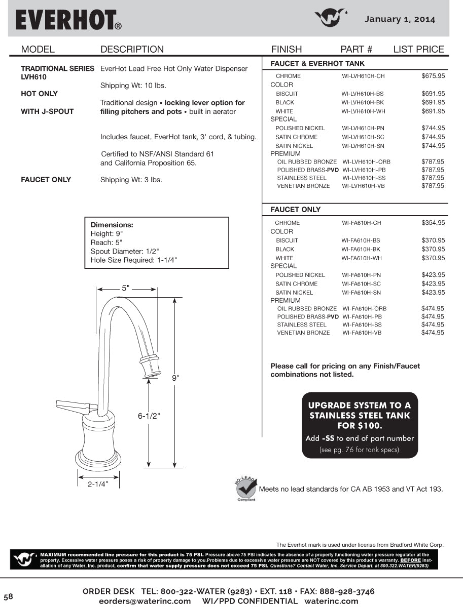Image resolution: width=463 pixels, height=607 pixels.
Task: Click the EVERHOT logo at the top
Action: pyautogui.click(x=68, y=20)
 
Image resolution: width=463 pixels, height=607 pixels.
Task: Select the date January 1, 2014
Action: pyautogui.click(x=400, y=19)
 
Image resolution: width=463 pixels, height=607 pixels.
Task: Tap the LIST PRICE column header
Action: pyautogui.click(x=418, y=49)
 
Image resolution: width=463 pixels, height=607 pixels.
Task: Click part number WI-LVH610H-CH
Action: pyautogui.click(x=363, y=76)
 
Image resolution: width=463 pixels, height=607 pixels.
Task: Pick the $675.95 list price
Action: pyautogui.click(x=433, y=76)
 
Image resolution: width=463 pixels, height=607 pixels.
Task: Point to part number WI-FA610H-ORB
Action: pyautogui.click(x=364, y=308)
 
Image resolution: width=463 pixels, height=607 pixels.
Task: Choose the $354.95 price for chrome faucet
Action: pyautogui.click(x=433, y=223)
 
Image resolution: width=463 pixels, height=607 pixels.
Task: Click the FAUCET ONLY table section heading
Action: pyautogui.click(x=296, y=210)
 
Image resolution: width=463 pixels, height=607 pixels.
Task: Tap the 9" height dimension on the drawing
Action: pyautogui.click(x=175, y=378)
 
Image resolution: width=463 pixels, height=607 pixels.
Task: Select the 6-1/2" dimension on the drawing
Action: pyautogui.click(x=149, y=416)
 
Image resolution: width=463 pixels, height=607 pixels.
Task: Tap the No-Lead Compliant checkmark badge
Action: pyautogui.click(x=246, y=488)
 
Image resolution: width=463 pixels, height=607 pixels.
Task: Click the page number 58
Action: pyautogui.click(x=8, y=596)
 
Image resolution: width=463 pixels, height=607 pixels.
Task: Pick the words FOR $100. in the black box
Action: pyautogui.click(x=360, y=426)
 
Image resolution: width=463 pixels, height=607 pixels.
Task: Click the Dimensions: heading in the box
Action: pyautogui.click(x=112, y=225)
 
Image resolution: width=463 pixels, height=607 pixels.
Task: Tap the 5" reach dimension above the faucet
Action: pyautogui.click(x=125, y=288)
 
